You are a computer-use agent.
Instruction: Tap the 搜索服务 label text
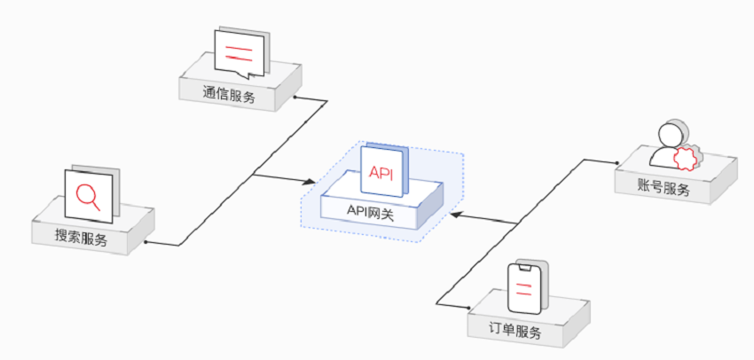pos(81,238)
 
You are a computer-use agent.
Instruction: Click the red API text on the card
pos(381,171)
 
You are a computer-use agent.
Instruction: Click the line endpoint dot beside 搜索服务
pos(145,241)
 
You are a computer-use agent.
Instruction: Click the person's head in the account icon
pos(670,135)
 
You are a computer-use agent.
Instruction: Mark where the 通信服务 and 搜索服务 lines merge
pos(254,175)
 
